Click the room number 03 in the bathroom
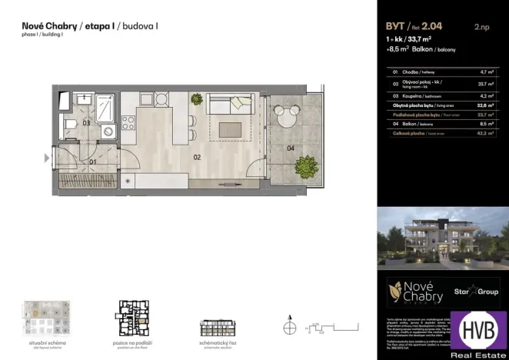[x=87, y=123]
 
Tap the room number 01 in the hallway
[x=92, y=162]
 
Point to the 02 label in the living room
[x=198, y=157]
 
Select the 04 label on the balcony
[x=290, y=147]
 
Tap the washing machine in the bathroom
[x=108, y=132]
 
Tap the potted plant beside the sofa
[x=197, y=100]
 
